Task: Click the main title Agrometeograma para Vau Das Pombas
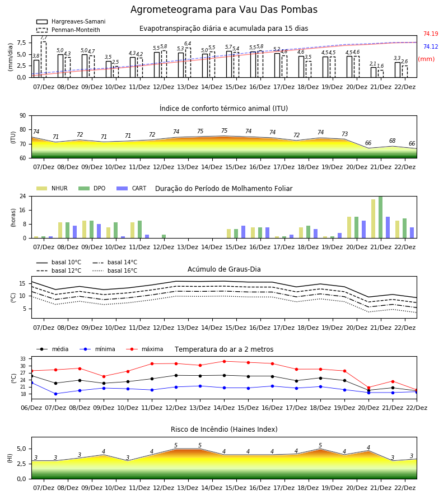tap(223, 10)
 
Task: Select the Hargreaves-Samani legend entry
tap(71, 21)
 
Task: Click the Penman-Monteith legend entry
tap(68, 30)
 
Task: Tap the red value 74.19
tap(431, 34)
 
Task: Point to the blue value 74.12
tap(431, 46)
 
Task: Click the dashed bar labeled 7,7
tap(43, 59)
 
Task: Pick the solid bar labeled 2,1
tap(374, 72)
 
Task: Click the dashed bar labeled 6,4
tap(188, 63)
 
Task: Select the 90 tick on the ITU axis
tap(23, 115)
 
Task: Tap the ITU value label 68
tap(392, 141)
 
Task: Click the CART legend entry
tap(131, 188)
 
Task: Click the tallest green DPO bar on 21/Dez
tap(380, 217)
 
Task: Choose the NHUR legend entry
tap(52, 188)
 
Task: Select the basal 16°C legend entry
tap(115, 270)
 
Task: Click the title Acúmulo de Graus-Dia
tap(224, 269)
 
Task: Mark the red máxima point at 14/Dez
tap(224, 361)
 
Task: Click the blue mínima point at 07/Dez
tap(55, 394)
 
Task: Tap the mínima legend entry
tap(97, 349)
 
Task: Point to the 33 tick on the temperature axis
tap(23, 359)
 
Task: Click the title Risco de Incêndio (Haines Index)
tap(224, 430)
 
